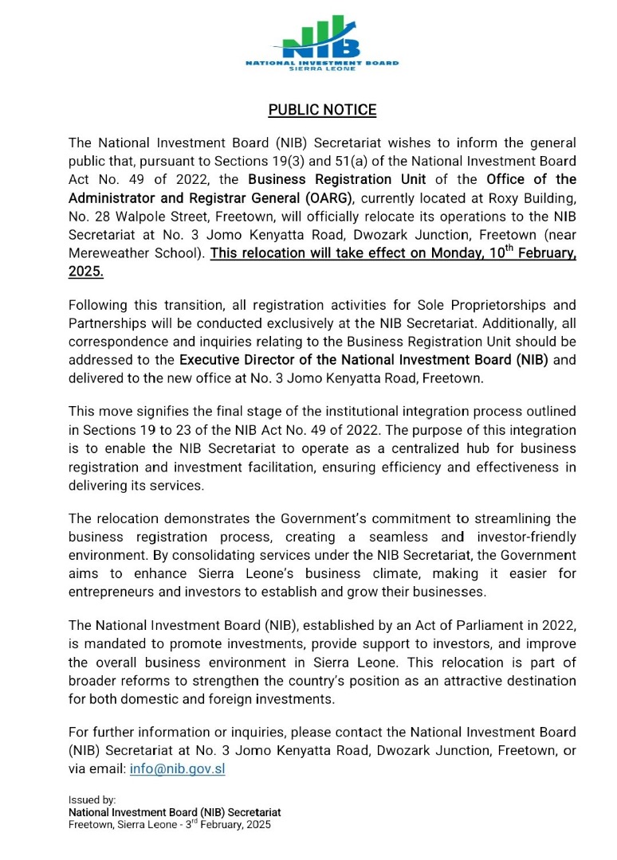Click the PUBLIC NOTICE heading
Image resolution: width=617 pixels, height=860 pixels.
[x=322, y=110]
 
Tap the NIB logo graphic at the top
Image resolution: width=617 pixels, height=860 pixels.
[x=322, y=40]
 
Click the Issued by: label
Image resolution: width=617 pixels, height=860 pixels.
[x=92, y=799]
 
